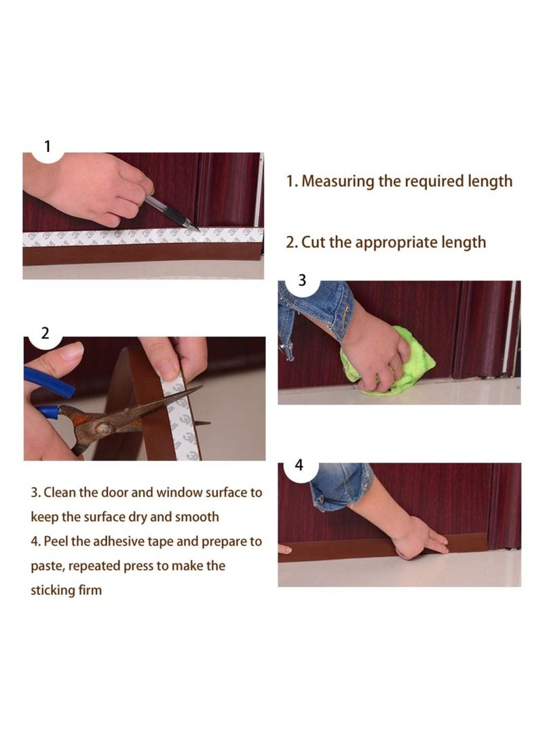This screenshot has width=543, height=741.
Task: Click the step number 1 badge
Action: coord(47,147)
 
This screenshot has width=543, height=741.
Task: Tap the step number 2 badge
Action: coord(45,333)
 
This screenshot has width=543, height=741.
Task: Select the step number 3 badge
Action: coord(302,280)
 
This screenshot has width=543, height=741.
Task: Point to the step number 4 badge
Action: coord(299,465)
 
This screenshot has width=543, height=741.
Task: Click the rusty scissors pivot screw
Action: coord(104,427)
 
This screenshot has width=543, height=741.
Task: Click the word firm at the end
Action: coord(88,590)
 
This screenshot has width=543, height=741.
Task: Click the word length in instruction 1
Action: coord(490,181)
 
